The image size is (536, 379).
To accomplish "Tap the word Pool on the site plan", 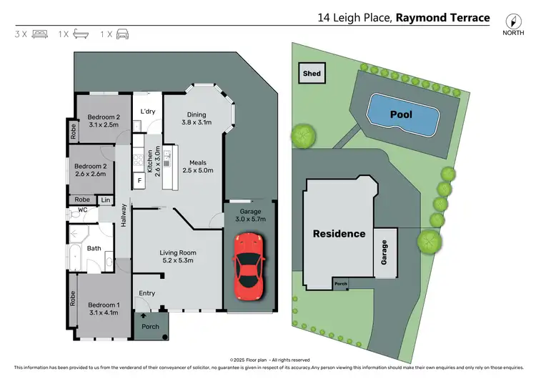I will tap(402, 114).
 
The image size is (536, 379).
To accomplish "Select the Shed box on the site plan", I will tap(312, 74).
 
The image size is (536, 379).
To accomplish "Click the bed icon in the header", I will tap(39, 34).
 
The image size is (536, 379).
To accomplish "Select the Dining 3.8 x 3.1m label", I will tap(197, 119).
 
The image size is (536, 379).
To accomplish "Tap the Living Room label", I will tap(178, 257).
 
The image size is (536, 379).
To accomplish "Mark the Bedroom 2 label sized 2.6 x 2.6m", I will tap(91, 170).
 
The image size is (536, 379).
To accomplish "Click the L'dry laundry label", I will tap(148, 112).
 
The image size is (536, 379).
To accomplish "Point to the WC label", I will tap(82, 210).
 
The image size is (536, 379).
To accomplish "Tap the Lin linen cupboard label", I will tap(106, 200).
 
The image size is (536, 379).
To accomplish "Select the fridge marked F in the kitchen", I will tap(139, 180).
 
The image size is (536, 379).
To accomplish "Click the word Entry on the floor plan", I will tap(147, 293).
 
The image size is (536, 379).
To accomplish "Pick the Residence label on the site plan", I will tap(338, 234).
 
